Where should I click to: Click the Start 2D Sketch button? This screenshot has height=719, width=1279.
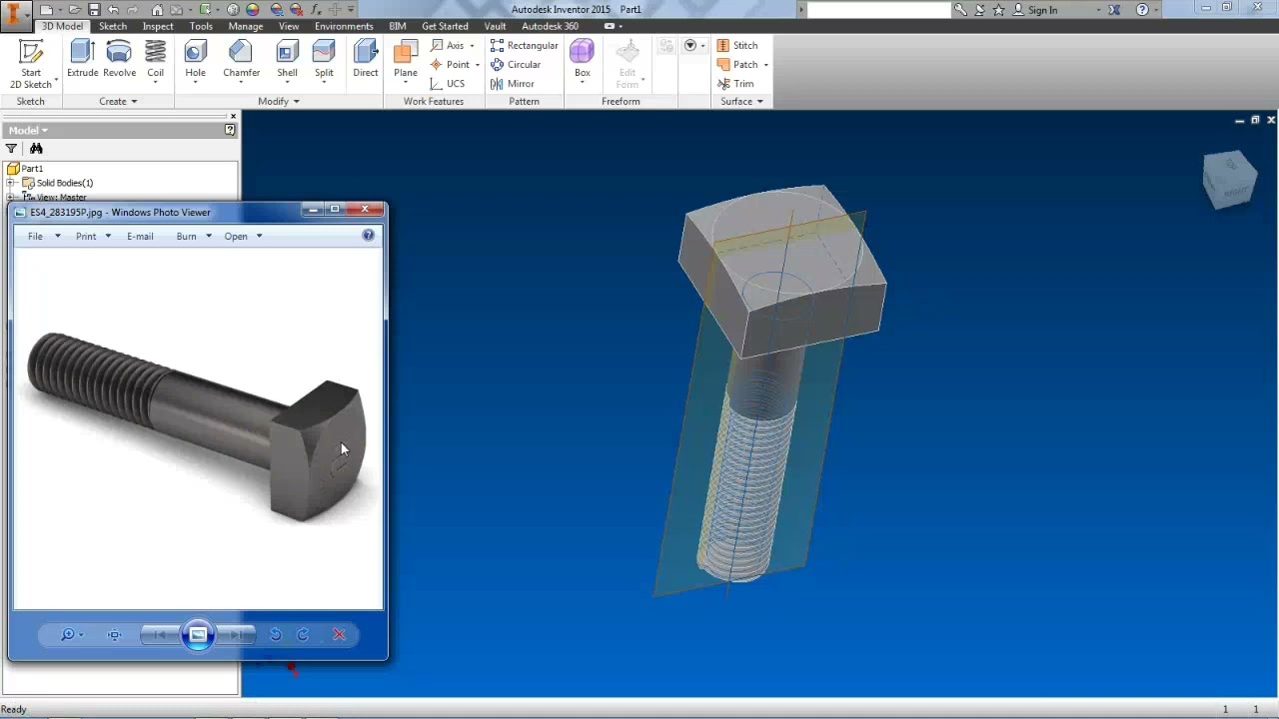point(31,62)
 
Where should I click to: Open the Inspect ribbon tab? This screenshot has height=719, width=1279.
point(158,26)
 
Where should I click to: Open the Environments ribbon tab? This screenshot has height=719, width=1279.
point(344,26)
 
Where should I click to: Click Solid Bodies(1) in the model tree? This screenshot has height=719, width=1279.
point(64,183)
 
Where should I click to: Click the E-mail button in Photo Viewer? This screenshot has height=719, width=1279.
point(140,237)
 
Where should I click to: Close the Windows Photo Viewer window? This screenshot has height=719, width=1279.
point(366,210)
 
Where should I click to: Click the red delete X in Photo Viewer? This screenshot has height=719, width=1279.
point(339,635)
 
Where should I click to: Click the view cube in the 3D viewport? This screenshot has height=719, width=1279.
point(1230,180)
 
